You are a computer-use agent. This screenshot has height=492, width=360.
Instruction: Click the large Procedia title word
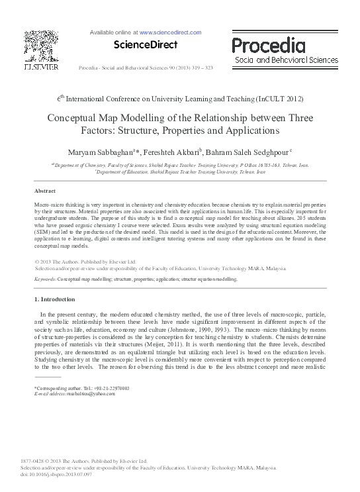click(268, 46)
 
